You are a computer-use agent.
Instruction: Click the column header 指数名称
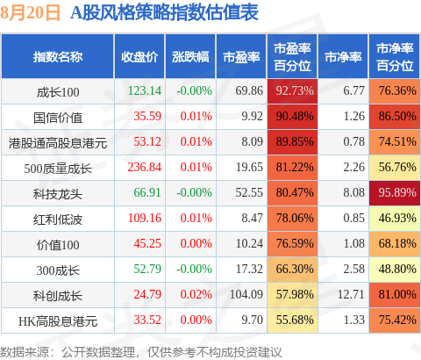click(x=58, y=57)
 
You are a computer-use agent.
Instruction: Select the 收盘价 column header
click(x=139, y=57)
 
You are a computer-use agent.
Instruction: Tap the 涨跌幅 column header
click(x=190, y=57)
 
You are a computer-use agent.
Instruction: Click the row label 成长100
click(x=58, y=92)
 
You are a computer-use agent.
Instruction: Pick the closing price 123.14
click(x=145, y=90)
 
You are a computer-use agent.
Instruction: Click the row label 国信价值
click(x=58, y=118)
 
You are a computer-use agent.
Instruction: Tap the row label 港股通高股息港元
click(x=58, y=143)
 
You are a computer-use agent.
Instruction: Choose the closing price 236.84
click(x=145, y=167)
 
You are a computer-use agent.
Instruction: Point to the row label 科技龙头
click(x=58, y=194)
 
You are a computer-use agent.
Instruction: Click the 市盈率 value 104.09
click(x=246, y=294)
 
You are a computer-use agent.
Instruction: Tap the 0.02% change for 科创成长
click(x=196, y=294)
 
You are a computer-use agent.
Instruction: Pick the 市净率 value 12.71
click(x=351, y=294)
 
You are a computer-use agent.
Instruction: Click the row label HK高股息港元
click(x=58, y=321)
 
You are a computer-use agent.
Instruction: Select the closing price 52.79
click(x=147, y=269)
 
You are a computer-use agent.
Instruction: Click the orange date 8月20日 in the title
click(x=30, y=12)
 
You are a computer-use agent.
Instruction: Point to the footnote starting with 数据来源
click(x=141, y=352)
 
